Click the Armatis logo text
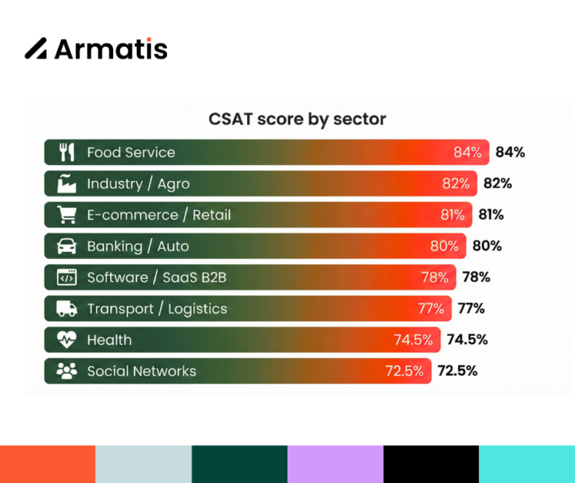coord(110,49)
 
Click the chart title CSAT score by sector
coord(297,119)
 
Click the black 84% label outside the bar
coord(510,152)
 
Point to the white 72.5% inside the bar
coord(404,371)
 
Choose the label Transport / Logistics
coord(156,309)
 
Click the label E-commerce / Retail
coord(159,215)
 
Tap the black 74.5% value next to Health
coord(467,340)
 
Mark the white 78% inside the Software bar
coord(434,277)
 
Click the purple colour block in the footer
coord(335,464)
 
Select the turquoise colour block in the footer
coord(526,464)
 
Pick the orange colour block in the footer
coord(48,464)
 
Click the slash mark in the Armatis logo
coord(36,48)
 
